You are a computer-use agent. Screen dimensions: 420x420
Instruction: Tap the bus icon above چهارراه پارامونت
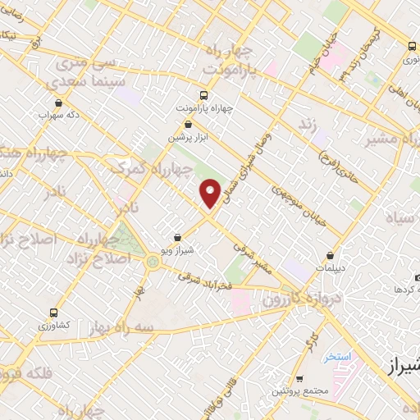204,94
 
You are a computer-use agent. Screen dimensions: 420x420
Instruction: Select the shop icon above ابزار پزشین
189,124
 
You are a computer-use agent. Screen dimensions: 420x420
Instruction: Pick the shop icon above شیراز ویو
178,237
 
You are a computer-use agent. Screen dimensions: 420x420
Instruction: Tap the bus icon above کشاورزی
54,313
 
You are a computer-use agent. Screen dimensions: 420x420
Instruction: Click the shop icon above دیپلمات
331,255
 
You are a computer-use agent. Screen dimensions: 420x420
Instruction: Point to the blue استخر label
337,357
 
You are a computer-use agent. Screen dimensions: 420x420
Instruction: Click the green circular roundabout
153,262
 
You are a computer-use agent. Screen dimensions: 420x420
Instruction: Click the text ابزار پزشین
189,138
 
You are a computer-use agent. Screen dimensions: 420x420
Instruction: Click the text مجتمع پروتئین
302,391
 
